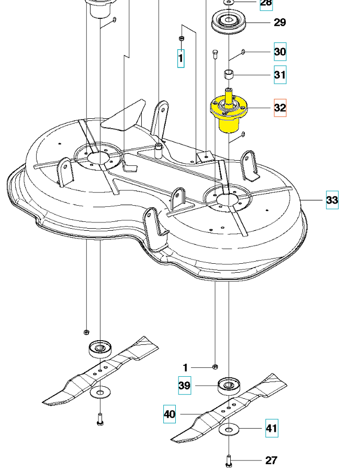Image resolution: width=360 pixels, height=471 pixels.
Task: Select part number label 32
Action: [x=280, y=108]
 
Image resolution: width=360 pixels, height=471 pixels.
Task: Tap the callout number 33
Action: [x=332, y=200]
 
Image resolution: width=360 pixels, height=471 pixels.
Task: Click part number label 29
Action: [x=280, y=23]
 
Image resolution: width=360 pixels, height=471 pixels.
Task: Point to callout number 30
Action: [x=280, y=52]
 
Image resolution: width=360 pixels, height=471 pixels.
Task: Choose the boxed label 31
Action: [x=280, y=75]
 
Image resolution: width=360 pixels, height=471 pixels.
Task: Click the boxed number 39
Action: [x=184, y=386]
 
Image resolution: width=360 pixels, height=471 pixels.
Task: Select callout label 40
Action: [x=170, y=414]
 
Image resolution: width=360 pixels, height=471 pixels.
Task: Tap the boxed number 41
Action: [x=271, y=429]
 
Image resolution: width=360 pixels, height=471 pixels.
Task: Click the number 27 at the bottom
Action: [x=271, y=461]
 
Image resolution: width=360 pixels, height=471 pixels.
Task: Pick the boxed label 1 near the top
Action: [x=181, y=58]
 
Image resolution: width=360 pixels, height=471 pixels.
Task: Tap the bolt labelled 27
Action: [x=229, y=461]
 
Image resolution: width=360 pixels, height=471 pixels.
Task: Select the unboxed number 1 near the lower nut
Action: [x=185, y=368]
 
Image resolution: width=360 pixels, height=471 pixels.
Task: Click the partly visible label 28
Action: [x=266, y=3]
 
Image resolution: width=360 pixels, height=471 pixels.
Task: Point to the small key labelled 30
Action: [x=244, y=51]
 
